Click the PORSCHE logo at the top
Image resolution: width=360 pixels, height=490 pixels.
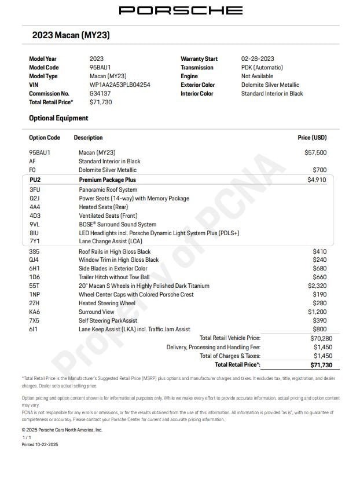(x=181, y=10)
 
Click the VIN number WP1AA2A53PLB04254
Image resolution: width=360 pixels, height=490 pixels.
(x=120, y=85)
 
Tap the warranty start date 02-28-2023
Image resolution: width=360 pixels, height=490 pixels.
(x=258, y=59)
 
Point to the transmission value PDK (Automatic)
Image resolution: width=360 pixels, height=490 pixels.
(x=262, y=68)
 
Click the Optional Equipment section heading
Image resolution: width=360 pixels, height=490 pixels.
(x=58, y=118)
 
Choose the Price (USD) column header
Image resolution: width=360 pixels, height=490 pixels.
(x=312, y=138)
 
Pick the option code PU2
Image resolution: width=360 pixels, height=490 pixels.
(x=35, y=180)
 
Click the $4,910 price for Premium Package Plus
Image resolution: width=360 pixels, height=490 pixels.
(x=317, y=180)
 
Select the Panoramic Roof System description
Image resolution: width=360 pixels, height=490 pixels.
(x=108, y=189)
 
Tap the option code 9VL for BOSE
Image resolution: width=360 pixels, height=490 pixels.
(x=34, y=224)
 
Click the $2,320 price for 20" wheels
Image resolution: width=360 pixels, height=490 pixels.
(x=317, y=286)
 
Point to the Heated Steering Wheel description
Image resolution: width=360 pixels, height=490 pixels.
(x=107, y=303)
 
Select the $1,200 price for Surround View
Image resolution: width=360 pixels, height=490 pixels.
(x=317, y=312)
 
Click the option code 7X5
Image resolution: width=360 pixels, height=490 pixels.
(x=34, y=320)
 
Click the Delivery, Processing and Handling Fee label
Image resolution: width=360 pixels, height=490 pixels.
(x=214, y=347)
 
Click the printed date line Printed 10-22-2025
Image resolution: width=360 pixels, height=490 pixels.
(x=40, y=444)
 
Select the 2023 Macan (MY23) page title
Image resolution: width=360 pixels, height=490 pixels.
(x=71, y=35)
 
